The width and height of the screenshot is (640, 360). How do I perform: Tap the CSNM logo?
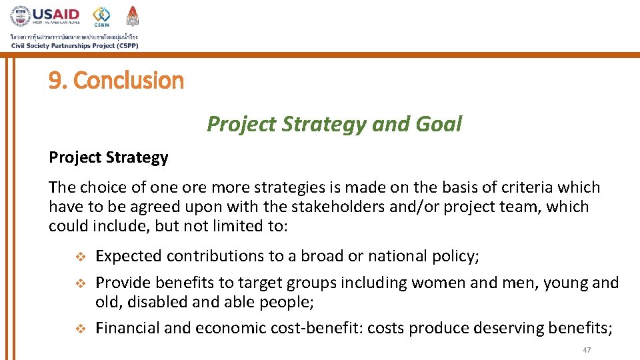[x=101, y=16]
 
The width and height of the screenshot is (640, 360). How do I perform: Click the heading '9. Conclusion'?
[x=116, y=81]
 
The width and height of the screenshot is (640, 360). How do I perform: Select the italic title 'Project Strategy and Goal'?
[x=334, y=124]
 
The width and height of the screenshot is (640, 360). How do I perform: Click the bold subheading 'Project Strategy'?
[x=108, y=157]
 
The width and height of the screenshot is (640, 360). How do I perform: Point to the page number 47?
[x=587, y=351]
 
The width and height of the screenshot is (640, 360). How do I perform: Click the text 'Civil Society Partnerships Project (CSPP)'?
[x=74, y=45]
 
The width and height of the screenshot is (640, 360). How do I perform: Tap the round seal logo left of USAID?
[x=20, y=16]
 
